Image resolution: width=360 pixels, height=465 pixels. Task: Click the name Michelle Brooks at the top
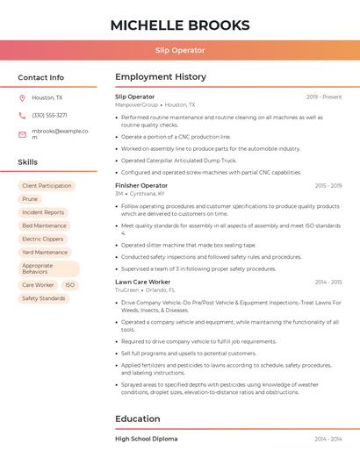(180, 25)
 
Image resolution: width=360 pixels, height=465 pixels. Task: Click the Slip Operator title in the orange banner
(180, 51)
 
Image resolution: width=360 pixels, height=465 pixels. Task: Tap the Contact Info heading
(41, 77)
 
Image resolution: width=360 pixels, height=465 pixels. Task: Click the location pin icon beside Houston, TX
(22, 98)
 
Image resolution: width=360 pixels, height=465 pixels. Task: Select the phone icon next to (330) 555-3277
(22, 116)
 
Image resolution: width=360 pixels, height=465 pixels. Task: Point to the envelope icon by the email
(22, 134)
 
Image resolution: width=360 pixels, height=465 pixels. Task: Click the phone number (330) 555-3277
(49, 116)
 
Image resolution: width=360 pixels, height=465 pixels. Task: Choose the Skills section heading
(28, 162)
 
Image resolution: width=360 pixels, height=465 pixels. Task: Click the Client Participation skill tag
(47, 186)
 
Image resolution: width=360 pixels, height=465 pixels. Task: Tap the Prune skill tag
(30, 199)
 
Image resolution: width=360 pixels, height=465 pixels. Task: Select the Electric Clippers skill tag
(43, 239)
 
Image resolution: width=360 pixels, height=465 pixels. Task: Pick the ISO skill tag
(70, 285)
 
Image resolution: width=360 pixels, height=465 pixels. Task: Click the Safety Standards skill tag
(44, 298)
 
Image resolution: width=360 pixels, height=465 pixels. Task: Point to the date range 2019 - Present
(324, 97)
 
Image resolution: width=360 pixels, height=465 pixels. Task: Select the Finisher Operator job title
(141, 186)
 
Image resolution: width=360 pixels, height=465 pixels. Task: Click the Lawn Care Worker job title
(143, 283)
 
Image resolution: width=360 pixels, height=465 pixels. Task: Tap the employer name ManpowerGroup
(136, 104)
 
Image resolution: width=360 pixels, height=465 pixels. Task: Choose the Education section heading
(137, 419)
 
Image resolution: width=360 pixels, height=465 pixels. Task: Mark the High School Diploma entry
(146, 439)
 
